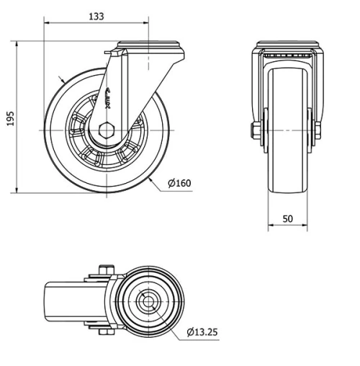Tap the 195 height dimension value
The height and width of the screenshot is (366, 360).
click(10, 117)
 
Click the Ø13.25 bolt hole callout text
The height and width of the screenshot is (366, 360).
click(203, 333)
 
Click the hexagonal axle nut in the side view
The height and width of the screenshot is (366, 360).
click(107, 130)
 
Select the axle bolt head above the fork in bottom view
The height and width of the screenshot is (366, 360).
click(106, 271)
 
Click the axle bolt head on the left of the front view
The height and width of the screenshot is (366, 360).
click(255, 130)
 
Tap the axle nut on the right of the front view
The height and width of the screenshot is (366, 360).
click(318, 130)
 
